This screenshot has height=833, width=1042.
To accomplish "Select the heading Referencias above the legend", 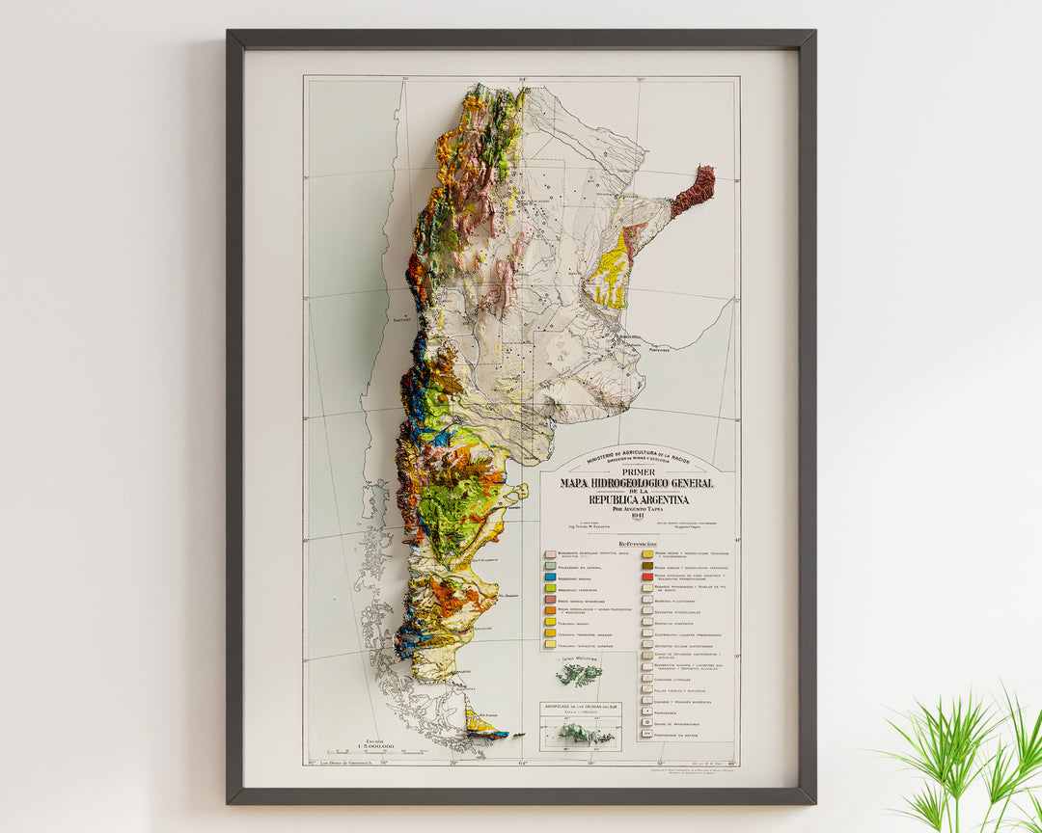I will pyautogui.click(x=638, y=544).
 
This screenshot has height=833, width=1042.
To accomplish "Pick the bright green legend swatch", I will pyautogui.click(x=550, y=587).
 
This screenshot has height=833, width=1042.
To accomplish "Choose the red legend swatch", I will pyautogui.click(x=647, y=577).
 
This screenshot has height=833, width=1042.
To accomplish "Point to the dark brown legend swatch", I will pyautogui.click(x=647, y=566).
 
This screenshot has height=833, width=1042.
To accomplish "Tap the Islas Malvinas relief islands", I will pyautogui.click(x=579, y=674).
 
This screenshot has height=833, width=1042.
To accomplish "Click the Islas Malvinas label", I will pyautogui.click(x=578, y=658).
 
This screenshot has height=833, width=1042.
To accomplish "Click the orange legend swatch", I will pyautogui.click(x=550, y=610).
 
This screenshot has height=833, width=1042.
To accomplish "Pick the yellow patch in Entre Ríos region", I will pyautogui.click(x=610, y=273).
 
